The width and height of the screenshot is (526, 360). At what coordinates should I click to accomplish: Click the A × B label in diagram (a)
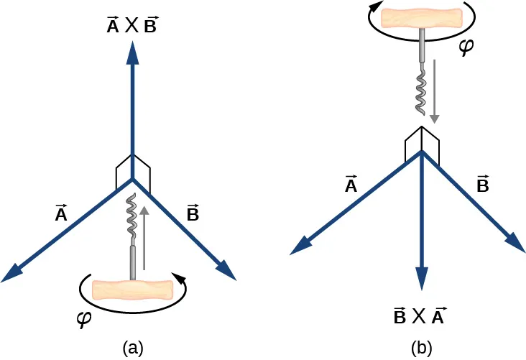click(131, 26)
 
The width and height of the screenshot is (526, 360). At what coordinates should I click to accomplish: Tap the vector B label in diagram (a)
click(193, 213)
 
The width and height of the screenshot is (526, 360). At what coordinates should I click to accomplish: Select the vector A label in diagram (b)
click(351, 185)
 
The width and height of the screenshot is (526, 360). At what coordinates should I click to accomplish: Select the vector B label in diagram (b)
click(483, 185)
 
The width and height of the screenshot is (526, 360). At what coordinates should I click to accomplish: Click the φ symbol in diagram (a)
click(83, 318)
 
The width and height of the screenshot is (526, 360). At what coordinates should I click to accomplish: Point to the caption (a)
click(131, 348)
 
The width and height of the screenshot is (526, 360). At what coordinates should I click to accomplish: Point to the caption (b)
click(421, 348)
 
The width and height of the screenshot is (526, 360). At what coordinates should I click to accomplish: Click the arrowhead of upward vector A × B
click(132, 52)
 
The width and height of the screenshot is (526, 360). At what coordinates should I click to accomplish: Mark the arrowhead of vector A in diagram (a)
click(14, 272)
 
